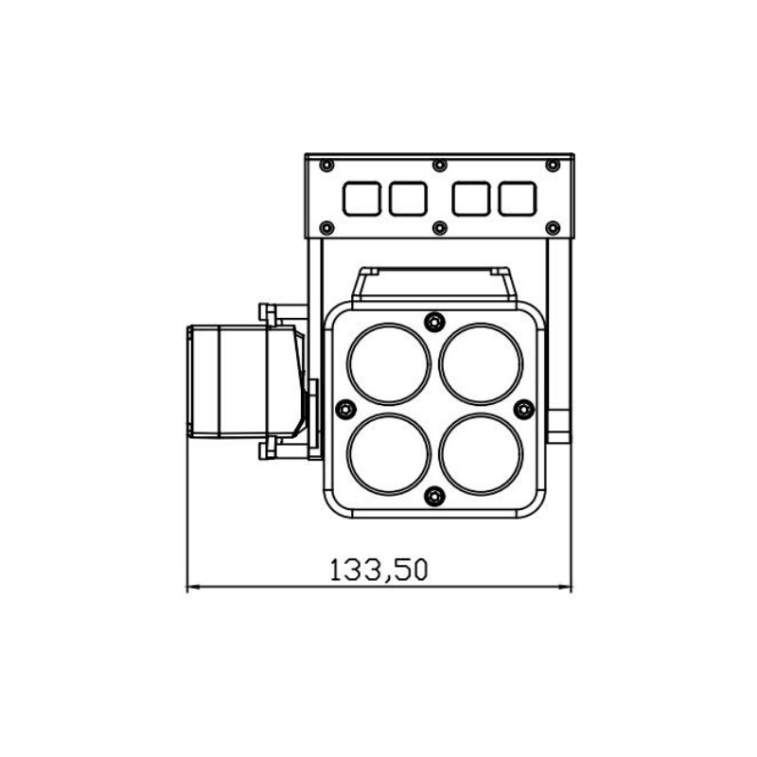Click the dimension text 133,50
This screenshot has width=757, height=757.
click(378, 570)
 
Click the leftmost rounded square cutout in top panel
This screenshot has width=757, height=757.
click(362, 199)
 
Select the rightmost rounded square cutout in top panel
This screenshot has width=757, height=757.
click(518, 199)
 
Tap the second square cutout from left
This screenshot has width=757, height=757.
click(408, 199)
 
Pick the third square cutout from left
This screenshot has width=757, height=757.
click(471, 199)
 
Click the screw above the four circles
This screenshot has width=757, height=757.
click(434, 321)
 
